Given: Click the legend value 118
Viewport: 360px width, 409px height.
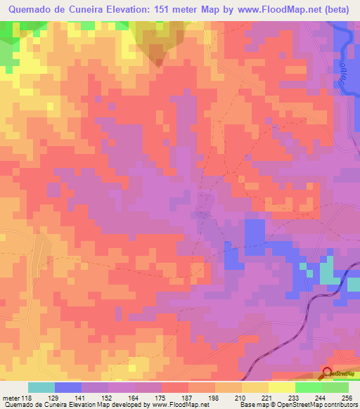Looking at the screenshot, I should point(29,398).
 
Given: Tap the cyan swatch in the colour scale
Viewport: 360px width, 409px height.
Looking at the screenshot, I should point(41,387).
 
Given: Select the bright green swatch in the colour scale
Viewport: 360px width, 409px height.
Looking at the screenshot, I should point(309,387).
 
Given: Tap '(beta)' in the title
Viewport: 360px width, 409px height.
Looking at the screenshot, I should point(340,9).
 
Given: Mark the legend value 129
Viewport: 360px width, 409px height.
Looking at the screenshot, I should point(56,398).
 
